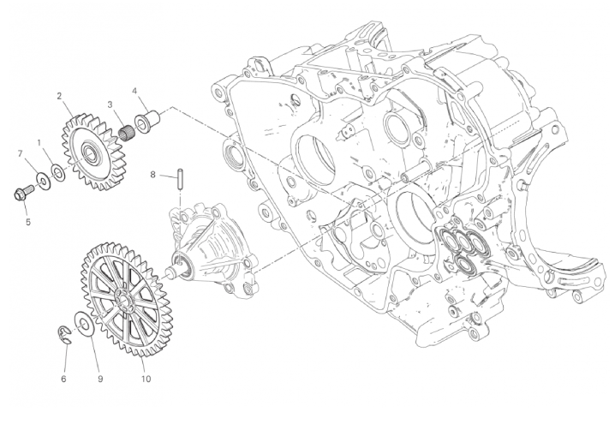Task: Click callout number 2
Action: [59, 96]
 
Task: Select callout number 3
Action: [110, 105]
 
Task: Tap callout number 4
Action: [134, 92]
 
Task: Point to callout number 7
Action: [21, 154]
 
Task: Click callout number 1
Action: [39, 143]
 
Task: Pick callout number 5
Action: [28, 222]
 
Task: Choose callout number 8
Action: [153, 174]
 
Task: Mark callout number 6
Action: [63, 379]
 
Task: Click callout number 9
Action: [100, 379]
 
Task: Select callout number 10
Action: [146, 379]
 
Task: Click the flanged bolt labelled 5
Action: [23, 192]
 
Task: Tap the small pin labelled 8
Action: [180, 178]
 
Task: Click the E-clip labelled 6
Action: [64, 335]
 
